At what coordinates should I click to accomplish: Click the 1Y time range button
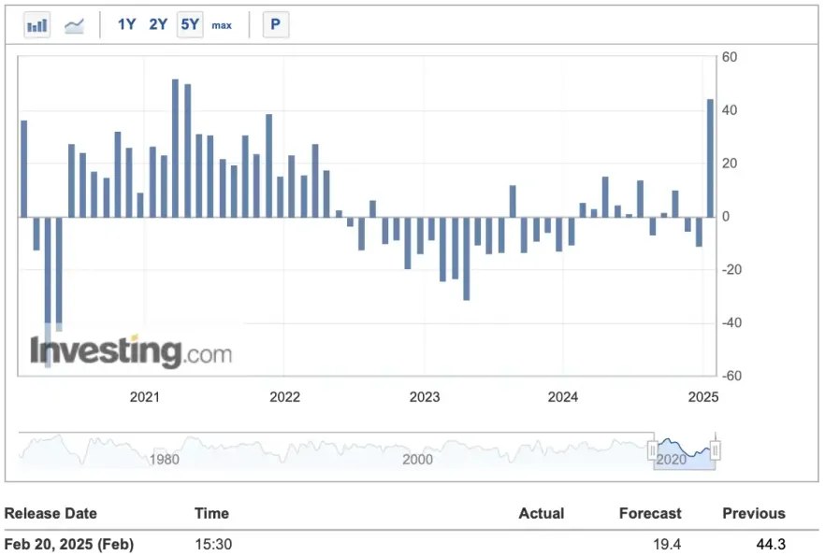[127, 25]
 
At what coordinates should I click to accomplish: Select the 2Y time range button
[158, 25]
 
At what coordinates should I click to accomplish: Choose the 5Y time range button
[190, 25]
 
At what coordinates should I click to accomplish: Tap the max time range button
[222, 25]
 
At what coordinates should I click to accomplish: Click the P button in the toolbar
[275, 25]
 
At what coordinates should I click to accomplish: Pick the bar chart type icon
[37, 25]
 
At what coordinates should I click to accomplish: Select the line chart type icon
[74, 25]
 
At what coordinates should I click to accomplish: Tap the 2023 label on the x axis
[425, 397]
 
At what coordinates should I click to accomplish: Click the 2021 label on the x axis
[145, 397]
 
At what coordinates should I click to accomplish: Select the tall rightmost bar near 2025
[710, 158]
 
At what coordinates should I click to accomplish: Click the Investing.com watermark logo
[131, 352]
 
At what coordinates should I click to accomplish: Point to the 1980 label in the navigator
[165, 460]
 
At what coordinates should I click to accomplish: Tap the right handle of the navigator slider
[716, 452]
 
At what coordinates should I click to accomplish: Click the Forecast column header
[650, 513]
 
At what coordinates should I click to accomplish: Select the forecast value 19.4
[668, 544]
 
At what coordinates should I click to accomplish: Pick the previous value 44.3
[771, 544]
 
